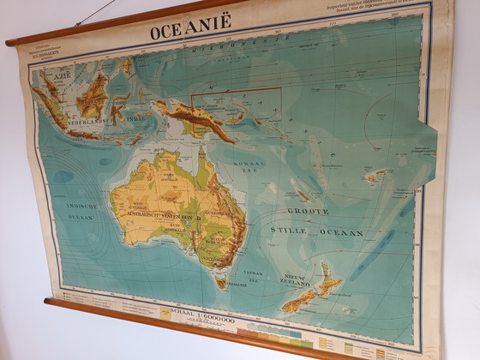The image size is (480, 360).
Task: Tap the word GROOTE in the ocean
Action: coord(307,211)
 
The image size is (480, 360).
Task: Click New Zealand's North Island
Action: coord(327,279)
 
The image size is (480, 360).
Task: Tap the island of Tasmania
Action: coord(221,280)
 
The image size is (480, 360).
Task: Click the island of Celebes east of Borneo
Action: coord(121,107)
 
